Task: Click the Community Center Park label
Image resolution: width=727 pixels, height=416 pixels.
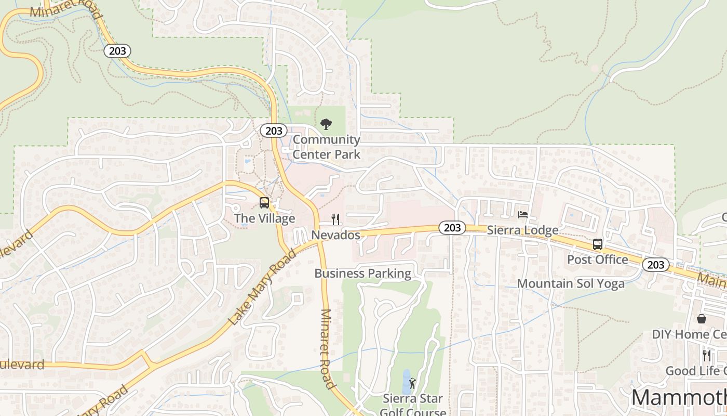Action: click(326, 147)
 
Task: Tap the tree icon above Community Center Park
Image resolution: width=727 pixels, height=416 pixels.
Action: click(326, 124)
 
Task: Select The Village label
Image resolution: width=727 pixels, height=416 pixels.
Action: click(264, 218)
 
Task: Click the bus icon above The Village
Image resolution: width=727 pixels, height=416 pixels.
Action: click(264, 203)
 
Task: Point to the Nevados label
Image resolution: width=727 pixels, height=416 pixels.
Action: click(335, 235)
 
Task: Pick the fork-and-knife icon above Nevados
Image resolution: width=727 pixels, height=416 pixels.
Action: click(335, 219)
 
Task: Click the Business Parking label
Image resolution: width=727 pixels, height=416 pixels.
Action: click(362, 274)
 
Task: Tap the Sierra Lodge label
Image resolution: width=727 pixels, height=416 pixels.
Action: click(522, 230)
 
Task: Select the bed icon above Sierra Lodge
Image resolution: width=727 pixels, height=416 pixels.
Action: click(523, 214)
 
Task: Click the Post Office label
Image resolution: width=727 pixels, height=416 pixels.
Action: click(597, 259)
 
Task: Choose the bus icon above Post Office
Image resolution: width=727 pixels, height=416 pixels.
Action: click(598, 244)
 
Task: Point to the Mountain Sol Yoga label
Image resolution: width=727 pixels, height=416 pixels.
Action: click(571, 284)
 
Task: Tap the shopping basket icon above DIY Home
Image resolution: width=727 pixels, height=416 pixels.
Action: click(702, 318)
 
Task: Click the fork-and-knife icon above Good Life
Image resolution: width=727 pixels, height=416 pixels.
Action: click(707, 355)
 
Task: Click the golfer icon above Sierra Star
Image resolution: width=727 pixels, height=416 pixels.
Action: click(412, 384)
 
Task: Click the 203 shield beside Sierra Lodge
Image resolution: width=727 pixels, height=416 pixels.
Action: click(452, 227)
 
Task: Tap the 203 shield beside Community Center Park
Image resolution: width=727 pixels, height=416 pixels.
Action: click(273, 131)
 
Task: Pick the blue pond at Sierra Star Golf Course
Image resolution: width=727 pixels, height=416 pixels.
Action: click(406, 382)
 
